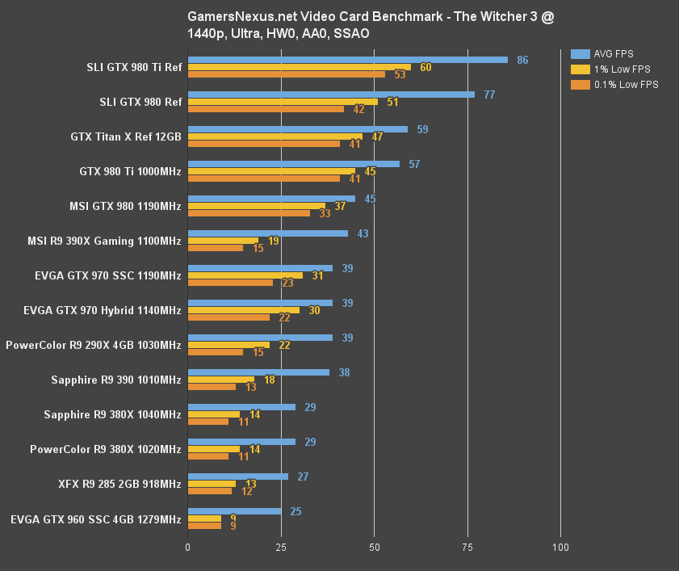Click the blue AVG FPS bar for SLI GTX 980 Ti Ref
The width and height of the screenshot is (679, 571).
[x=347, y=60]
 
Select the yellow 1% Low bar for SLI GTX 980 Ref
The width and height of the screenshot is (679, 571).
[x=283, y=102]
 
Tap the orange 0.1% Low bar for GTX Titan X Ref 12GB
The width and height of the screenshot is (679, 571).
[x=263, y=144]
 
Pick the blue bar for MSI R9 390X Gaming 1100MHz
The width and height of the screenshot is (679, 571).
[x=267, y=233]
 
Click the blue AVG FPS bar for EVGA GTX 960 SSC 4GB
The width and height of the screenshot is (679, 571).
[x=234, y=511]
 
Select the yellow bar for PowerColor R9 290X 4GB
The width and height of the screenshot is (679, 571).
[x=228, y=345]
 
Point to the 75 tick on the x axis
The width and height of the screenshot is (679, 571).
[x=467, y=548]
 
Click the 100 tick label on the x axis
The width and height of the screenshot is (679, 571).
[x=560, y=548]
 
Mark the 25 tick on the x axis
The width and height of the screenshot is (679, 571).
[x=281, y=548]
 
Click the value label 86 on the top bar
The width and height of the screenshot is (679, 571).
[x=522, y=60]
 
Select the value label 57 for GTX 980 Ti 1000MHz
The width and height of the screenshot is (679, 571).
[x=414, y=164]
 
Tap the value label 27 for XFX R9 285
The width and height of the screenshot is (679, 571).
[x=303, y=477]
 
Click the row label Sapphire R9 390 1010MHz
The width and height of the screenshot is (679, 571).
[x=115, y=380]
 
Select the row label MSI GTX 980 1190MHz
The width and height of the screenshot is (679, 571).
[x=125, y=206]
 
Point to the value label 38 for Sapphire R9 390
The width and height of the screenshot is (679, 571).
[x=344, y=372]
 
